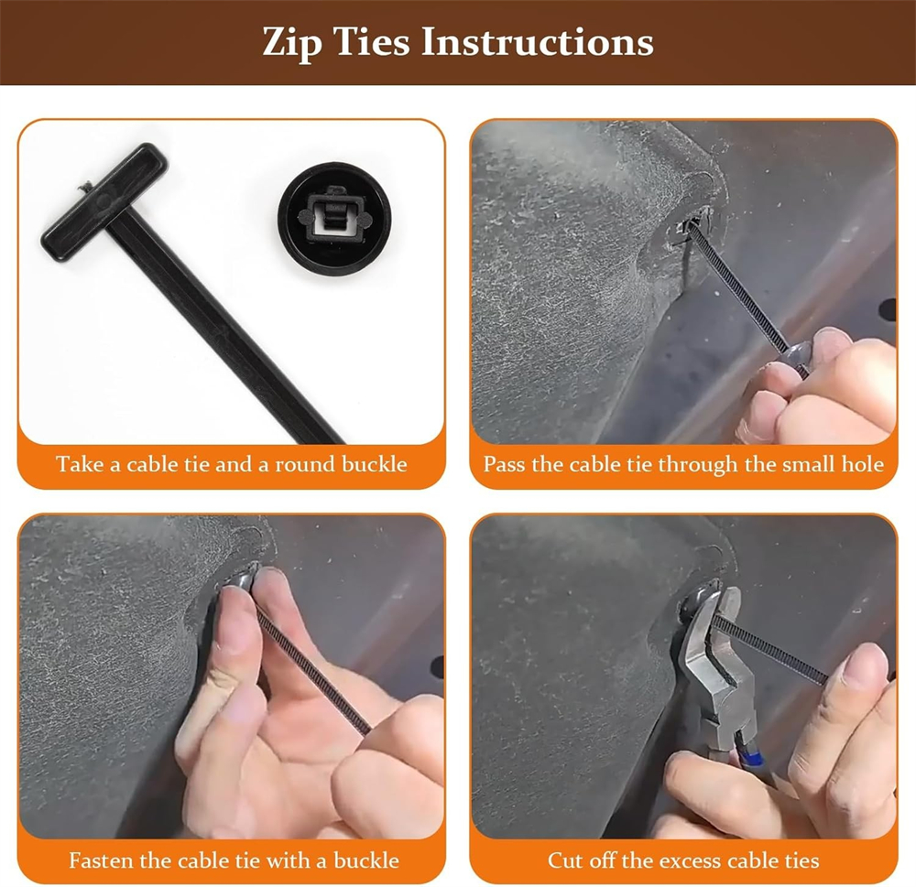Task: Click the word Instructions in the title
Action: pos(537,42)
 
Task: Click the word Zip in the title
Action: pos(292,43)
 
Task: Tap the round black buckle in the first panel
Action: pos(334,219)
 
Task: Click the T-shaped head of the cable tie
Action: pos(104,202)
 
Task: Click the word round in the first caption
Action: pos(306,464)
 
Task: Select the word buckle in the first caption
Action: pos(375,464)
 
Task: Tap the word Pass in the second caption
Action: pos(504,464)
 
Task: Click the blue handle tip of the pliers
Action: pos(753,758)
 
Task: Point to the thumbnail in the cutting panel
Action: pos(864,665)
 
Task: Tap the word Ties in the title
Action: pos(372,42)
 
